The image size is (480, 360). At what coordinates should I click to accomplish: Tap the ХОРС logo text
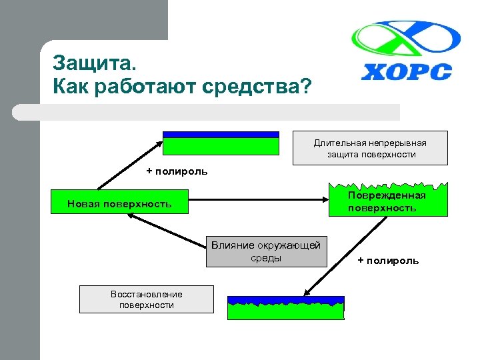406,71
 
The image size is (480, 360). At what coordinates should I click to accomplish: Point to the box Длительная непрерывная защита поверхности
371,148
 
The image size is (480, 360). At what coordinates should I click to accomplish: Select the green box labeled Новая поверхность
119,203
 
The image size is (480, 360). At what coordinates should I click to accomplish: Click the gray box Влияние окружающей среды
266,251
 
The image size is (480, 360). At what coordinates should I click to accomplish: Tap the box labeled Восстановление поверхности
146,299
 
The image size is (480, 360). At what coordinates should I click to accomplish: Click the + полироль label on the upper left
177,171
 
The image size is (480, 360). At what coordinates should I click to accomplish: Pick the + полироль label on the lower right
388,260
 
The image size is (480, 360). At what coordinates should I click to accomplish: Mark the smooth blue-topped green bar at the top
221,143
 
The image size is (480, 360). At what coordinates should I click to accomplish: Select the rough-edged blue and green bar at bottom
286,308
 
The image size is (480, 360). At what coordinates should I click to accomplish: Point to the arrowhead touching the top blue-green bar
159,142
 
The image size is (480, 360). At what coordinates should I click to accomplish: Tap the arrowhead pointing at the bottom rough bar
306,291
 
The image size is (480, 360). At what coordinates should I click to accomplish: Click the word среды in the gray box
266,258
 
